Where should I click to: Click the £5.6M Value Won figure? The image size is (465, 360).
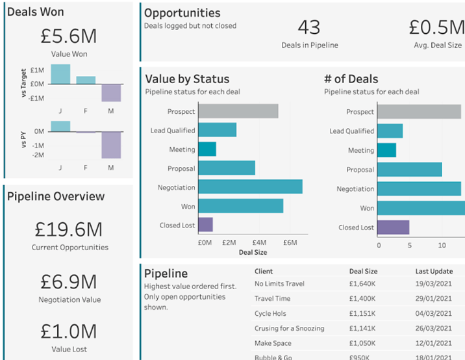coord(68,34)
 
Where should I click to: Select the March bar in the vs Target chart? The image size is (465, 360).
coord(111,93)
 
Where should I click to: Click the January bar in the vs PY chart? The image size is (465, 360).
coord(60,126)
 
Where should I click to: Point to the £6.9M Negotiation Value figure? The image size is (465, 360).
coord(68,281)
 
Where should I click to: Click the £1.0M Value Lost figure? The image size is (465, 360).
coord(68,331)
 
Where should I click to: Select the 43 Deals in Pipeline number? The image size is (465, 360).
coord(309,27)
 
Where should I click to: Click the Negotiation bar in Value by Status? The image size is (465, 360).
coord(250,187)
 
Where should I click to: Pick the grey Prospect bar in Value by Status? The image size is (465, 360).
coord(238,111)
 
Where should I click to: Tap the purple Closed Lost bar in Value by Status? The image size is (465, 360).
coord(205,225)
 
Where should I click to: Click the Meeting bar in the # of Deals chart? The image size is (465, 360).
coord(386,150)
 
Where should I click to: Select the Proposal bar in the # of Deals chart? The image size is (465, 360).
coord(409,170)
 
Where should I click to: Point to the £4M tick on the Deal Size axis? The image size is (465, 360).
coord(259,243)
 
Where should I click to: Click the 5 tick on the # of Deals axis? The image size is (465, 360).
coord(410,246)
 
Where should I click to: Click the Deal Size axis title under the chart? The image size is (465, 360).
coord(253,252)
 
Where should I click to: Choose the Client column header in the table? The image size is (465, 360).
coord(264,272)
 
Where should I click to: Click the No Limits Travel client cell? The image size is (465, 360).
coord(279,284)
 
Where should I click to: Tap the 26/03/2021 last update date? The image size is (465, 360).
coord(433,329)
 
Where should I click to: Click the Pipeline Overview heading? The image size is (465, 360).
coord(56,197)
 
